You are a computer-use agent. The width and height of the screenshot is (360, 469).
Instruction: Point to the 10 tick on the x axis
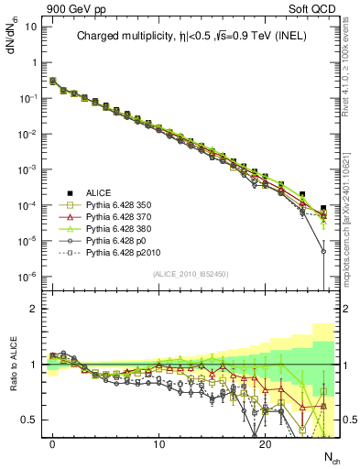coord(158,443)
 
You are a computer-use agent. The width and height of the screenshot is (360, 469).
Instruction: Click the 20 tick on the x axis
coord(265,443)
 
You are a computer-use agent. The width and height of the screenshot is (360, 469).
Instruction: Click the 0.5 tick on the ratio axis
coord(29,420)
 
